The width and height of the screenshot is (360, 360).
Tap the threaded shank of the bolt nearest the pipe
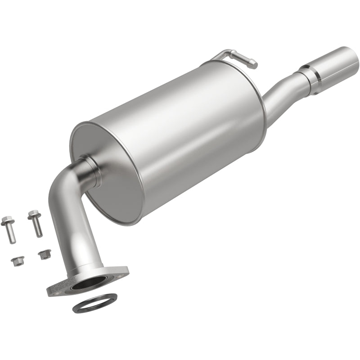point(38,228)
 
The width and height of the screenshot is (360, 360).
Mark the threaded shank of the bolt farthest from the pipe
point(11,235)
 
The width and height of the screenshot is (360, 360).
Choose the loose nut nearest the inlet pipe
point(44,254)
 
